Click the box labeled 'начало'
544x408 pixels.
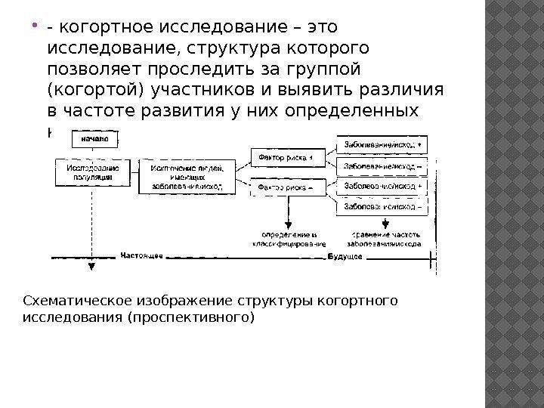point(93,139)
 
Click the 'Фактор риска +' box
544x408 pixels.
point(286,157)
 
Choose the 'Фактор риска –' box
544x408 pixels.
point(286,186)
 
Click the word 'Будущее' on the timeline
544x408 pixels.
point(345,256)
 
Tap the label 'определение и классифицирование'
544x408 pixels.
point(288,239)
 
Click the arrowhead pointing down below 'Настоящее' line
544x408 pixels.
point(91,266)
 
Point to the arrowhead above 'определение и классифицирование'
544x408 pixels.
point(288,224)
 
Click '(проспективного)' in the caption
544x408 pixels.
point(192,317)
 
